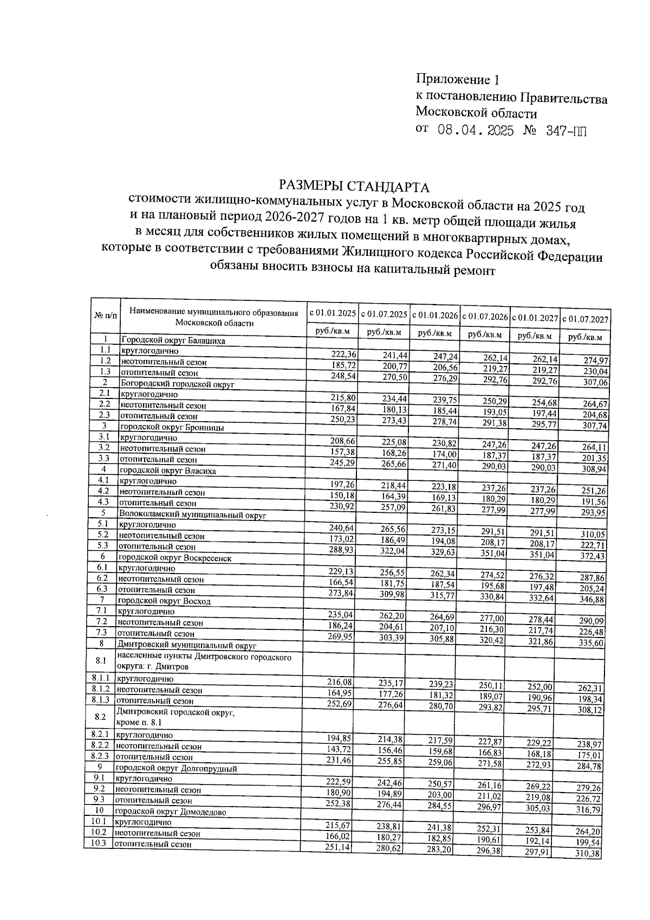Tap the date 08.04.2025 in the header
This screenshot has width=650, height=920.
coord(475,132)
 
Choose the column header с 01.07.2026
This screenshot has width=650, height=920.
coord(485,316)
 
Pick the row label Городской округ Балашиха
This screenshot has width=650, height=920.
coord(173,341)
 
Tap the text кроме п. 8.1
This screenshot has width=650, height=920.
coord(139,723)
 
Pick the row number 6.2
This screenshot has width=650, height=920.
coord(102,578)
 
